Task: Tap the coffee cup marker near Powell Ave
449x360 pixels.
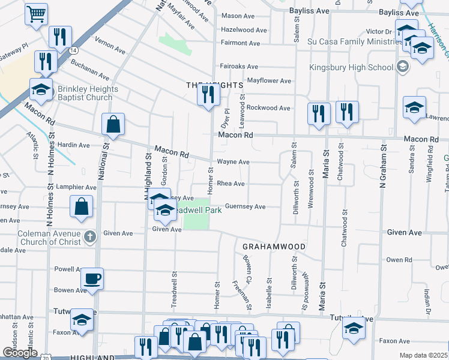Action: click(92, 279)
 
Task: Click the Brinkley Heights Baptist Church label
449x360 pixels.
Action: click(88, 93)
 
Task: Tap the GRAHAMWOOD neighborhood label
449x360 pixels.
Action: click(274, 247)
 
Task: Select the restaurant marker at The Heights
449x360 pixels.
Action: click(208, 95)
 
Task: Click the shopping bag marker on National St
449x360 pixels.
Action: click(113, 125)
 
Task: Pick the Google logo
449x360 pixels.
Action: click(20, 353)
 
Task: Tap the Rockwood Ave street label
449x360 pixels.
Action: click(269, 108)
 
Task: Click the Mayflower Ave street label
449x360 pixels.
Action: click(269, 80)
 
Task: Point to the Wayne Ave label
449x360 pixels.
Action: click(233, 161)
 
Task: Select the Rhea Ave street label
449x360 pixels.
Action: click(231, 184)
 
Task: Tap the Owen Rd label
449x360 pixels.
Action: click(399, 260)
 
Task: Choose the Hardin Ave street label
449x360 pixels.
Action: click(73, 145)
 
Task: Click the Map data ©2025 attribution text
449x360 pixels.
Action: click(424, 355)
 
